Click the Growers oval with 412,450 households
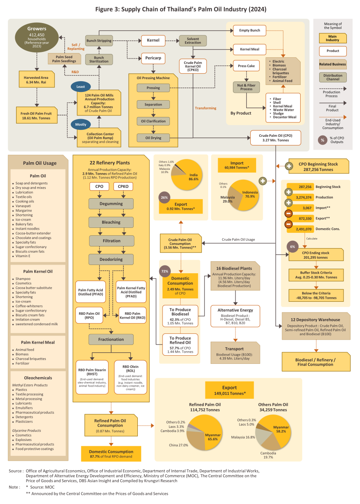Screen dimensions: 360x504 tap(37, 38)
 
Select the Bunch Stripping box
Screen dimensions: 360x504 tap(99, 41)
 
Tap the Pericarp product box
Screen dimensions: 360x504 tap(153, 58)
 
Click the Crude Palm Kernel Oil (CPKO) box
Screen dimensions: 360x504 tap(193, 66)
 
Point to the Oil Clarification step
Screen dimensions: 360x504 tap(153, 121)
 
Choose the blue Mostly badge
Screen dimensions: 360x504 tap(80, 124)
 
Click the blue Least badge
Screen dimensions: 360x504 tap(80, 87)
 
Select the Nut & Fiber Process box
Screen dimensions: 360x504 tap(246, 87)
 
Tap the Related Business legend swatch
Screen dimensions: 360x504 tap(332, 64)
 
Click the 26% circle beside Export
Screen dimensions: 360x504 tap(164, 197)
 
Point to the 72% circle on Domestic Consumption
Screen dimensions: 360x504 tap(165, 271)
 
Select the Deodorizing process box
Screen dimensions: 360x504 tap(111, 260)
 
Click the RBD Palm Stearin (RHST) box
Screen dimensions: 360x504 tap(92, 377)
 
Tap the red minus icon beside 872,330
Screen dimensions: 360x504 tap(288, 213)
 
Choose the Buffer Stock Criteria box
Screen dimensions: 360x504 tap(316, 275)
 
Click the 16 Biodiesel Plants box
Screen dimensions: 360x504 tap(235, 276)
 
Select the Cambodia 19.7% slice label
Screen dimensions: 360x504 tap(268, 455)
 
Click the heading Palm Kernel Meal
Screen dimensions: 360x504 tap(38, 342)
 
